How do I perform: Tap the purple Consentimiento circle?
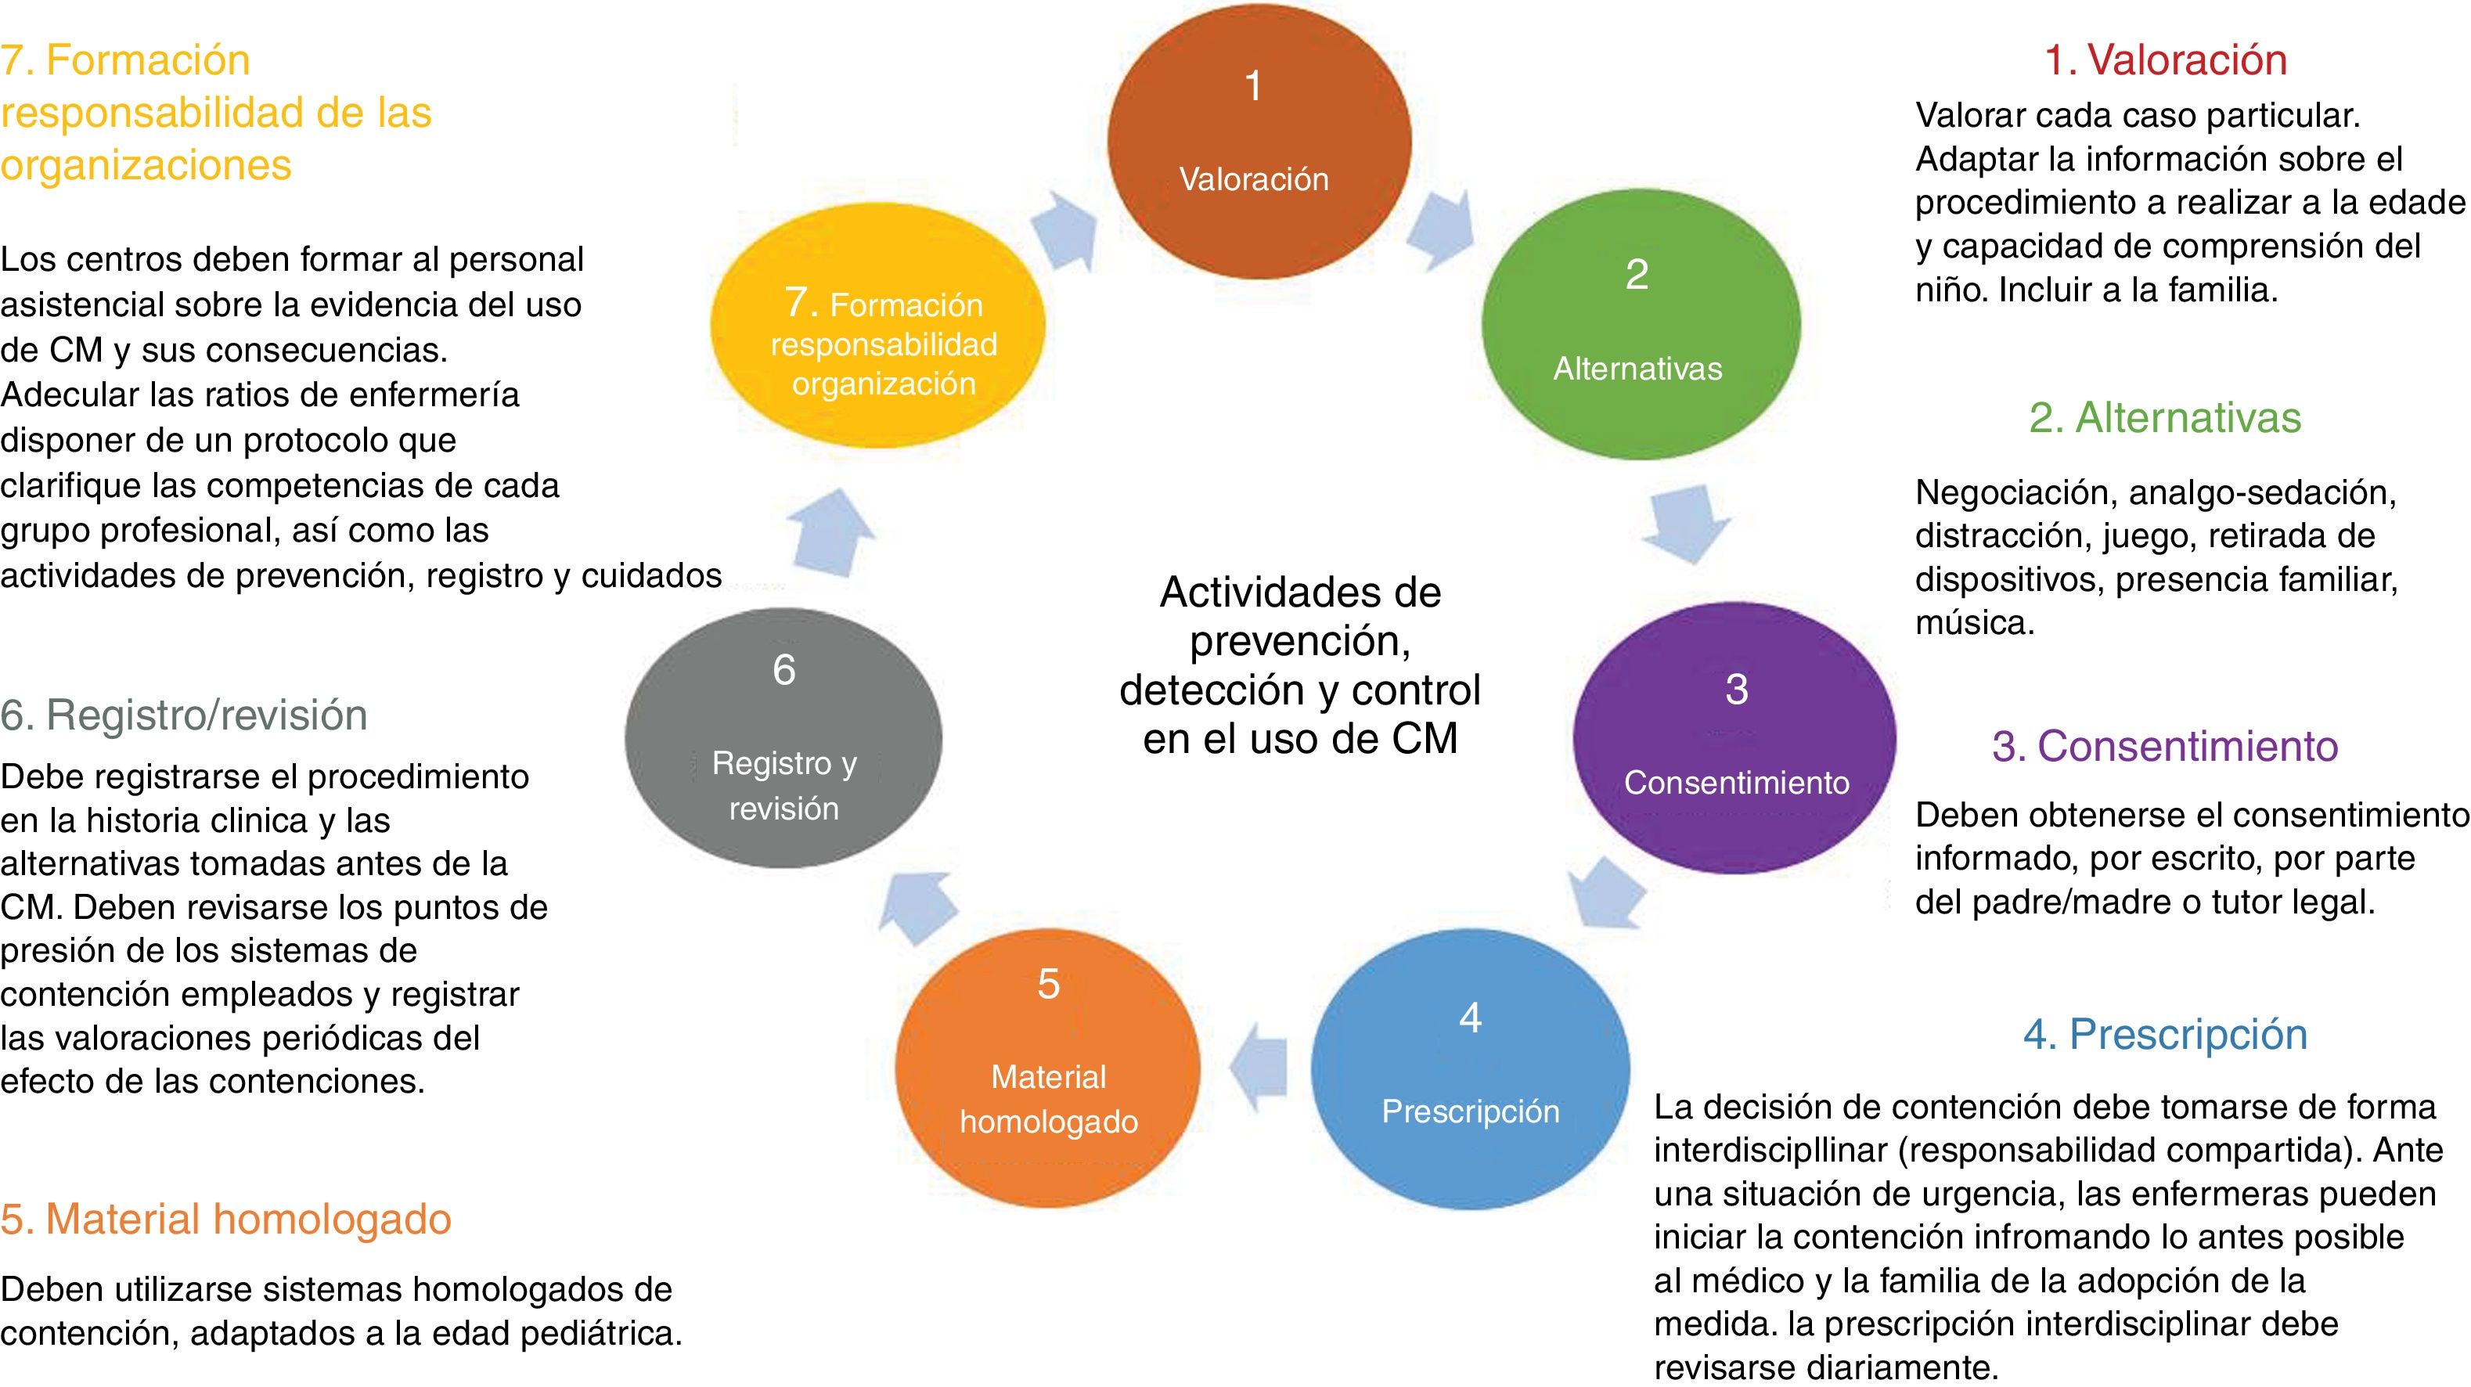(1734, 737)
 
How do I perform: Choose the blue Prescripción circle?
(1470, 1067)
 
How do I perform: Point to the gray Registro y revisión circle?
(783, 739)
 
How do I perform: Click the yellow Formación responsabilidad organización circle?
(877, 326)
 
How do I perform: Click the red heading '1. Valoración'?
(2166, 59)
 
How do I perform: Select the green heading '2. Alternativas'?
(2165, 418)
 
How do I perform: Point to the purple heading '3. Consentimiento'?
(2165, 746)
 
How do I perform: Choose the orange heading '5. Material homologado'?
(226, 1219)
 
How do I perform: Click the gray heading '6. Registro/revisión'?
(184, 715)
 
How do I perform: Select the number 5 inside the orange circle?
(1049, 984)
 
